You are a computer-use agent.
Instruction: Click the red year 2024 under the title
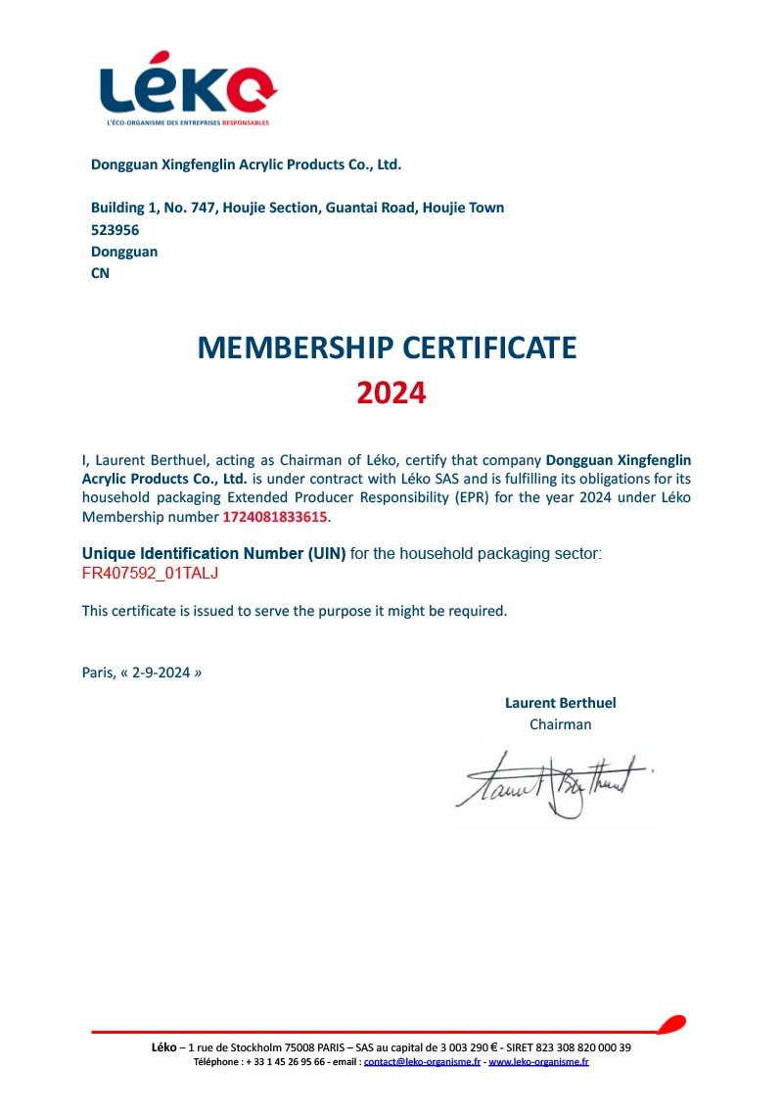[x=391, y=394]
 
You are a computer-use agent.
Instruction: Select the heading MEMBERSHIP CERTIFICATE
[x=388, y=348]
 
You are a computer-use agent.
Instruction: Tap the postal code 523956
[x=115, y=230]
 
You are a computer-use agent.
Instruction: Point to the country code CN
[x=100, y=273]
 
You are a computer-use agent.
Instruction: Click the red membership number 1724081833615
[x=275, y=516]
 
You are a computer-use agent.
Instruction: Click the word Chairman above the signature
[x=560, y=724]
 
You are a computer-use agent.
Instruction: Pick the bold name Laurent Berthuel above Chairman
[x=560, y=703]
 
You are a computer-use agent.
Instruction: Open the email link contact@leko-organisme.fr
[x=422, y=1061]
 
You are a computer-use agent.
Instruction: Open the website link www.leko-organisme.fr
[x=538, y=1061]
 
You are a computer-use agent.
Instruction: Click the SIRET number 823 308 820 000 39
[x=579, y=1047]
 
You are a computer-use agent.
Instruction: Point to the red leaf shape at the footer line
[x=670, y=1025]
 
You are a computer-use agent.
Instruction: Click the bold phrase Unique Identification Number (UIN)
[x=213, y=554]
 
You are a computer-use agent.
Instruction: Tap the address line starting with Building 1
[x=298, y=208]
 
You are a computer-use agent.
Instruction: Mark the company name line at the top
[x=246, y=164]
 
